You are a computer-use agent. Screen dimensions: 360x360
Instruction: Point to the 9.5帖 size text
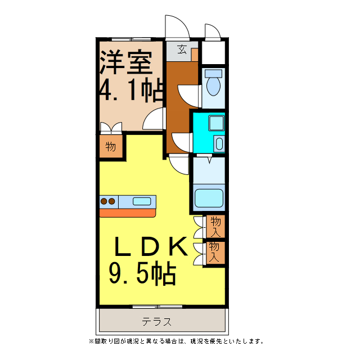(x=142, y=274)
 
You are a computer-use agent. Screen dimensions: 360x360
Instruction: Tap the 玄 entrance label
(x=182, y=49)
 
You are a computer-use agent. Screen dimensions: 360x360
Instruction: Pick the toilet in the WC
(x=214, y=84)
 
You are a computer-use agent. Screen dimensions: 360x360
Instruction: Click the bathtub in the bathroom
(x=209, y=199)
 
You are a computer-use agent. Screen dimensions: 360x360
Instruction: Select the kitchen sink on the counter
(x=142, y=201)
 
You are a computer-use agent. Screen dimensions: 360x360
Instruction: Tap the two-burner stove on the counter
(x=107, y=201)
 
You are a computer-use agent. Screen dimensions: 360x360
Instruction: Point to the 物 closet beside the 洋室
(x=111, y=147)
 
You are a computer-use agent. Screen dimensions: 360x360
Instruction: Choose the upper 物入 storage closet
(x=215, y=226)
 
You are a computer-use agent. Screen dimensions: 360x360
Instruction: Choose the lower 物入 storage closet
(x=215, y=251)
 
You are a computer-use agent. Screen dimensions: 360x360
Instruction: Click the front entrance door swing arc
(x=175, y=26)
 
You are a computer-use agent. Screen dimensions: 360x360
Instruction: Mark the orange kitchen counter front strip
(x=128, y=213)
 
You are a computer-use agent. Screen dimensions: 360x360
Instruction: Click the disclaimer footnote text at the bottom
(x=175, y=341)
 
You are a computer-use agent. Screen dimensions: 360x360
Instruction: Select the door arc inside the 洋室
(x=153, y=119)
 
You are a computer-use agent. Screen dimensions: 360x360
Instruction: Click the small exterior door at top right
(x=213, y=32)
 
